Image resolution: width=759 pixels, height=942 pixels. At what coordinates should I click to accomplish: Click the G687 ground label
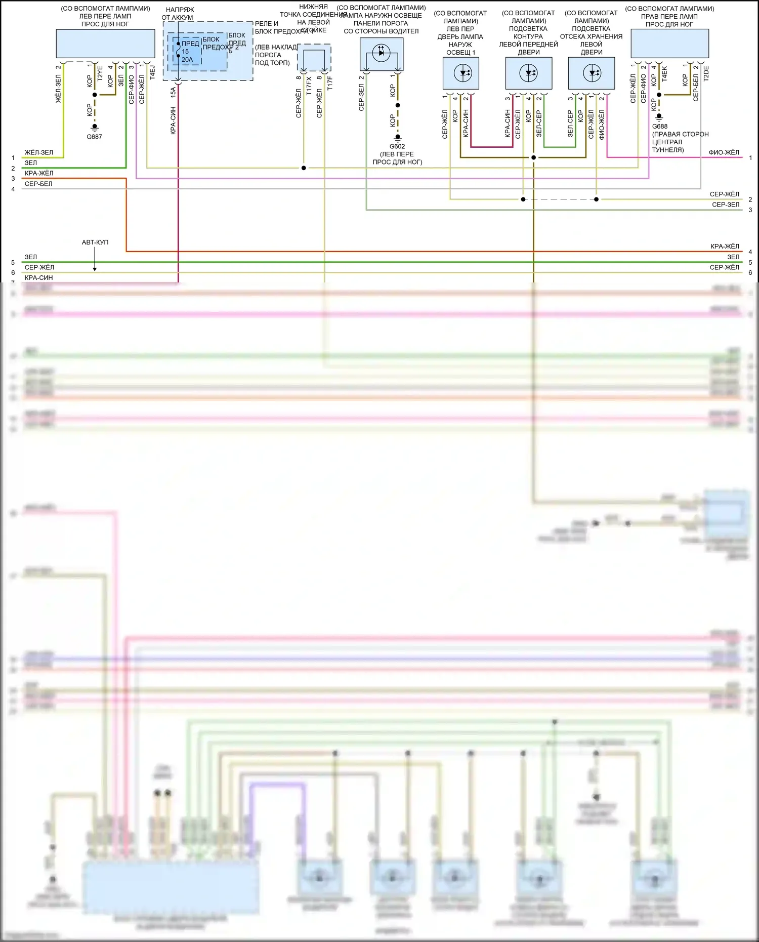(x=94, y=137)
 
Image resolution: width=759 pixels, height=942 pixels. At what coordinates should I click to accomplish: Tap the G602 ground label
(x=397, y=146)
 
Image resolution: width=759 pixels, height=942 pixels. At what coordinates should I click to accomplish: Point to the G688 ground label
(x=659, y=127)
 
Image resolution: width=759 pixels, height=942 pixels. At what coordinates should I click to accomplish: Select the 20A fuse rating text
(x=187, y=60)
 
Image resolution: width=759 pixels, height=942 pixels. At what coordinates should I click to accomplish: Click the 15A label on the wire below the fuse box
(x=173, y=92)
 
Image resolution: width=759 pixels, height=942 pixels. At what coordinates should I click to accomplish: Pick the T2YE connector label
(x=100, y=74)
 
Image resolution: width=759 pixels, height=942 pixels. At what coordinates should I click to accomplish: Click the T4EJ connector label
(x=152, y=72)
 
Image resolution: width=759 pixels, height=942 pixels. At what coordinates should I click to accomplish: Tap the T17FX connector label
(x=309, y=84)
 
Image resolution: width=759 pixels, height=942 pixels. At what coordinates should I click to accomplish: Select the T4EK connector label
(x=664, y=74)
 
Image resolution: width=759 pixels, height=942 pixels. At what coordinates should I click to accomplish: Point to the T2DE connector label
(x=706, y=73)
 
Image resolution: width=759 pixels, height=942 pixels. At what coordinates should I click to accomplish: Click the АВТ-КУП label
(x=95, y=242)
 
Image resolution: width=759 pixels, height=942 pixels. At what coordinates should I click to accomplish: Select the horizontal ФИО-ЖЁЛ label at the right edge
(x=724, y=152)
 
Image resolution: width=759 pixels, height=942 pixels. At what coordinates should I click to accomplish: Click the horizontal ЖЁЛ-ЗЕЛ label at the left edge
(x=39, y=152)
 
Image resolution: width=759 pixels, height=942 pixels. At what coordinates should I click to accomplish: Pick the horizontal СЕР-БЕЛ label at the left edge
(x=38, y=184)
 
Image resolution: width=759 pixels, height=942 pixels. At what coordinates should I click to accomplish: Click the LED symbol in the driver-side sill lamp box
(x=382, y=52)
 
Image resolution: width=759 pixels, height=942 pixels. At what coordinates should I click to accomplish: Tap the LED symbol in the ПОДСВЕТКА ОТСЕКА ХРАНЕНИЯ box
(x=592, y=73)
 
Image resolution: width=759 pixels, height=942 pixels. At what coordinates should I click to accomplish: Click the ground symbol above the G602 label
(x=398, y=137)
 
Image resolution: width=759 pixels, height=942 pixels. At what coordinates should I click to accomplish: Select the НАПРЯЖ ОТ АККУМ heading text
(x=178, y=14)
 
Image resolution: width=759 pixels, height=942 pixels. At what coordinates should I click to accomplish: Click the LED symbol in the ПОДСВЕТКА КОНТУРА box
(x=529, y=73)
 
